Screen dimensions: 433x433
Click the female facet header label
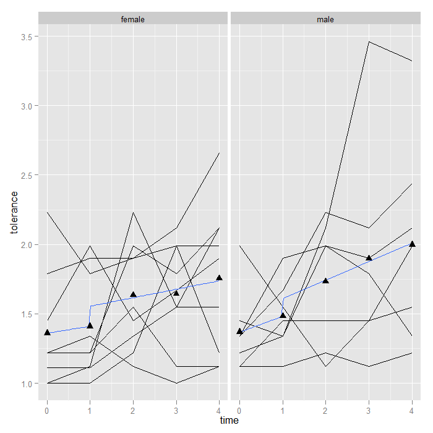[133, 19]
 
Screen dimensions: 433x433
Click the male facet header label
[325, 19]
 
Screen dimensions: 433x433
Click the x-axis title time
[229, 421]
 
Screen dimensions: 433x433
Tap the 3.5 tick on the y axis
[27, 36]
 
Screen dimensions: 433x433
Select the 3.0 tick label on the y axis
[27, 106]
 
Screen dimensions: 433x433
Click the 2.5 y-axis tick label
[27, 175]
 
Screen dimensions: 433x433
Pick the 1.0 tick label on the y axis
[27, 384]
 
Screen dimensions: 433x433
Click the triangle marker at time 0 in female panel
[47, 332]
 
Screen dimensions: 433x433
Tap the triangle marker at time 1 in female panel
[90, 325]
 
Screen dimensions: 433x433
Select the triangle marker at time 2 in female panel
[133, 294]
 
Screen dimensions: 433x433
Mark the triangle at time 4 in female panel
[219, 278]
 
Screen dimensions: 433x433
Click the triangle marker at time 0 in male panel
[239, 331]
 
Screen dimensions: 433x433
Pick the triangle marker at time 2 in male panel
[326, 280]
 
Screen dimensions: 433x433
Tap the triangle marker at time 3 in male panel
[369, 257]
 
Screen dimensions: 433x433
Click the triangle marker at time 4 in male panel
[412, 244]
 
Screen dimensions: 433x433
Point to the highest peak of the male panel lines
[369, 41]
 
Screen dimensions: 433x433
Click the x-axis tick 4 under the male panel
[412, 409]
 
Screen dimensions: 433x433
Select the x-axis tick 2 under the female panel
[133, 409]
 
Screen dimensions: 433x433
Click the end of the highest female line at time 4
[219, 153]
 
